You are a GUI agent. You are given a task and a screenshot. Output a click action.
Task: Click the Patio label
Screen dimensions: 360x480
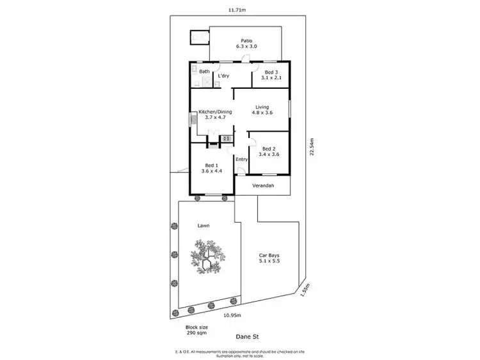coord(246,43)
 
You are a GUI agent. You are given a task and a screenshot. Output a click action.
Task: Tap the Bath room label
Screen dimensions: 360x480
coord(204,72)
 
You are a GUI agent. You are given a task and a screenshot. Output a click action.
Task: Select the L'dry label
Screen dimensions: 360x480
coord(223,76)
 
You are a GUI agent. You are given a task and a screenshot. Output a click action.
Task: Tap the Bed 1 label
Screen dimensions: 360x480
coord(211,168)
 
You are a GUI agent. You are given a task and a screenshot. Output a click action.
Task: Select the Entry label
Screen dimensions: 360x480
coord(241,159)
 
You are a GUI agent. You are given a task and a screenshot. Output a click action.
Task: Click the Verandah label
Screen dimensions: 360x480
coord(263,185)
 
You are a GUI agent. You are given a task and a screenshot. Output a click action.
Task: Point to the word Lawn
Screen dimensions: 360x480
coord(204,226)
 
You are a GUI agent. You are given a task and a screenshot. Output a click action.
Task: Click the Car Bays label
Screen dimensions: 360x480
coord(269,258)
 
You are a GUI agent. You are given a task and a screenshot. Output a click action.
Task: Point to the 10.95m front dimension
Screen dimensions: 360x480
coord(232,315)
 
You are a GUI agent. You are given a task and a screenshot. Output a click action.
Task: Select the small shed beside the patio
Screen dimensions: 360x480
coord(199,38)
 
